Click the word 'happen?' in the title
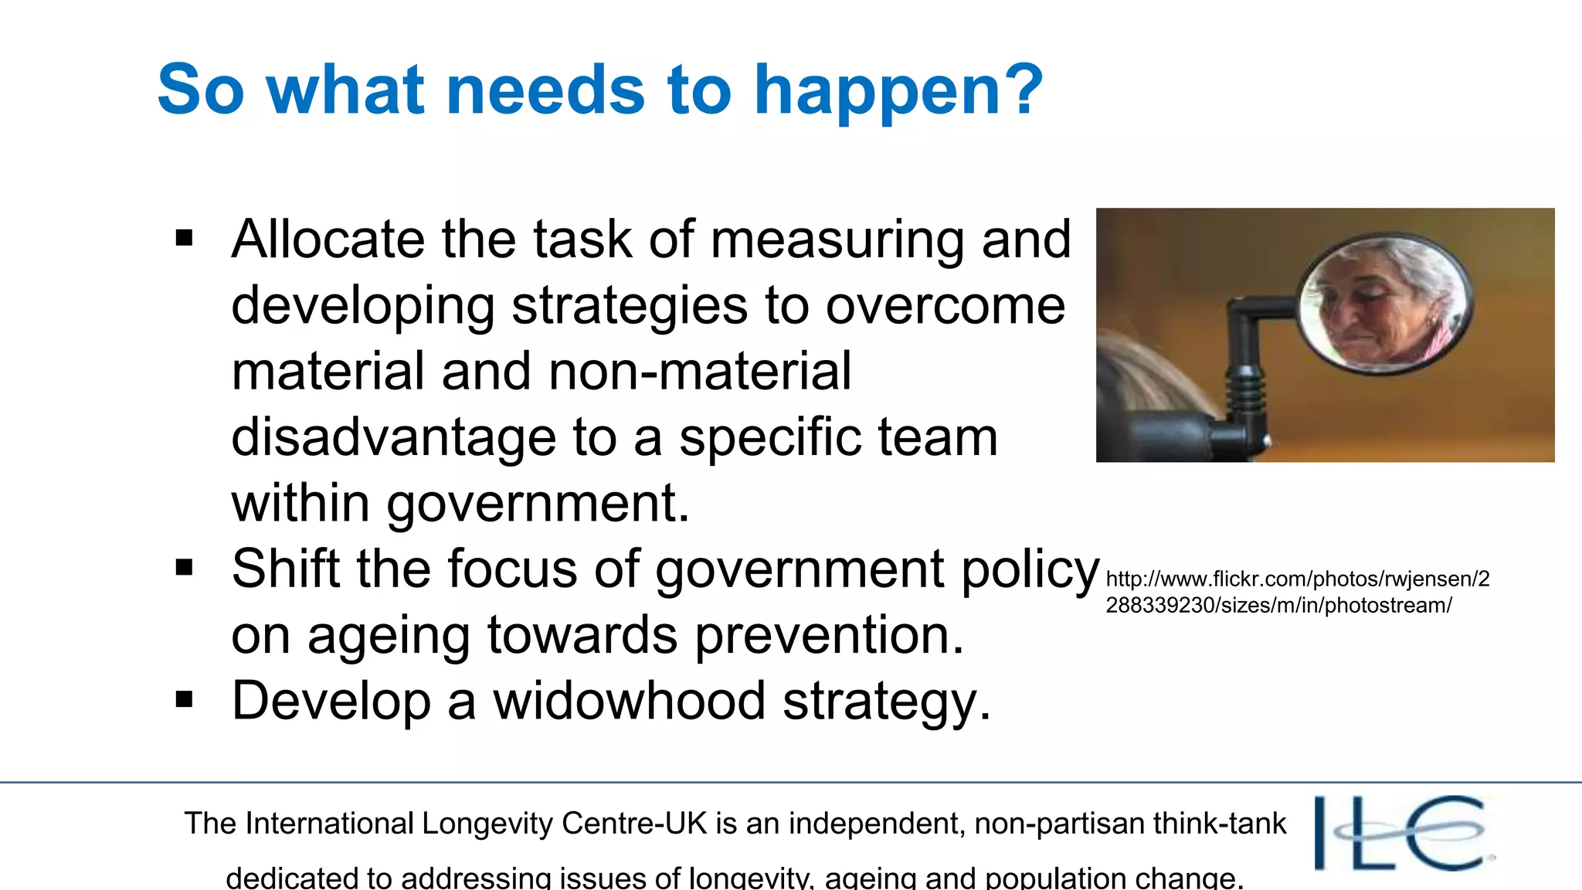click(x=898, y=91)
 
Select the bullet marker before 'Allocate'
click(x=184, y=238)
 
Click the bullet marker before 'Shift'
click(x=184, y=569)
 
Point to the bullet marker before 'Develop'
click(x=184, y=700)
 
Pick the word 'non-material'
click(x=700, y=371)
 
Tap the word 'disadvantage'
click(x=393, y=437)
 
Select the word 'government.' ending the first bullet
click(x=538, y=504)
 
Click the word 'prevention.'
click(x=830, y=635)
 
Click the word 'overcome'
click(x=945, y=305)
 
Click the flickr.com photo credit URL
click(x=1297, y=592)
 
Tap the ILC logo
click(x=1403, y=833)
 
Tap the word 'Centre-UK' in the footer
click(x=634, y=824)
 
